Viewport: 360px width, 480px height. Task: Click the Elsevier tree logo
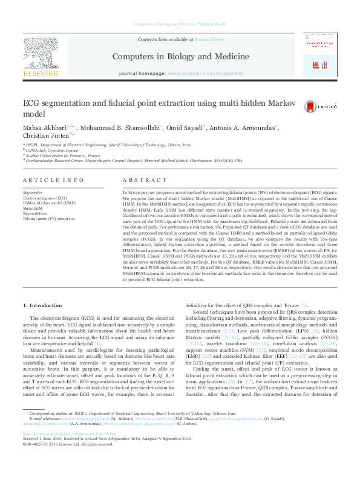point(41,55)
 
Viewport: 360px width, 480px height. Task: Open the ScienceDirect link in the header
point(209,39)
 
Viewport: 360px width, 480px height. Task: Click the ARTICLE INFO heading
point(54,181)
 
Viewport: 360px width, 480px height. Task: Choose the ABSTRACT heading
point(144,181)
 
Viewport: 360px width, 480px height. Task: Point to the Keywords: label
point(34,192)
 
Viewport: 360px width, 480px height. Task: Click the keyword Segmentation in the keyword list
point(35,213)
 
